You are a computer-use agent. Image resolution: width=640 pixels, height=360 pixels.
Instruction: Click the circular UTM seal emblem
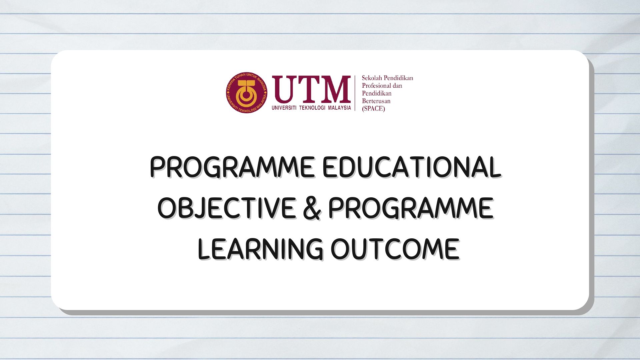[246, 93]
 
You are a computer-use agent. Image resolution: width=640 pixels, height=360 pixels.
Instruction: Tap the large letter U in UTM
[284, 89]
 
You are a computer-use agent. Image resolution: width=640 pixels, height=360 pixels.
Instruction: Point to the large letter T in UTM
[307, 89]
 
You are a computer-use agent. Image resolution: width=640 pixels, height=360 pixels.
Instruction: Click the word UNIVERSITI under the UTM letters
[284, 108]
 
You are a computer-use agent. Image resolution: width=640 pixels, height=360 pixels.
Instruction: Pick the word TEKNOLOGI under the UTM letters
[312, 108]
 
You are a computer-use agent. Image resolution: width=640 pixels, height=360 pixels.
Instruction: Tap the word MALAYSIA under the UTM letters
[339, 108]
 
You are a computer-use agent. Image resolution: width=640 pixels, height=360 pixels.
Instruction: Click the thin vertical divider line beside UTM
[355, 93]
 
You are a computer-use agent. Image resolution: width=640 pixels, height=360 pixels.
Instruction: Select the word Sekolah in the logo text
[372, 78]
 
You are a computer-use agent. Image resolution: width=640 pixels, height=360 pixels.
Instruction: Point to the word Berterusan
[376, 101]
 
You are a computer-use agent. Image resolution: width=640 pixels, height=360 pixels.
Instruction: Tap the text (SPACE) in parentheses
[373, 109]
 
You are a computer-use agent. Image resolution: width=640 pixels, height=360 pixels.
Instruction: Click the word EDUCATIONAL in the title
[411, 167]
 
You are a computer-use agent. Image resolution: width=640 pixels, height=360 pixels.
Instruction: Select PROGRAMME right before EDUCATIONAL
[232, 167]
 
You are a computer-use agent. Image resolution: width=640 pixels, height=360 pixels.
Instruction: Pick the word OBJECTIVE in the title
[226, 208]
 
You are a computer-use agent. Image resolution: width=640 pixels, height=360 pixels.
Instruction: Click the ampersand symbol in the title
[312, 208]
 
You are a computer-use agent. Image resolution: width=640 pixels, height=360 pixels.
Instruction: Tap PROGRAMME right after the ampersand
[411, 208]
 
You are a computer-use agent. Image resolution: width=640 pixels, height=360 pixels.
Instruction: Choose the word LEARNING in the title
[260, 249]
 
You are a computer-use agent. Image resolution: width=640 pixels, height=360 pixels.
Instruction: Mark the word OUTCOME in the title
[395, 249]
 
